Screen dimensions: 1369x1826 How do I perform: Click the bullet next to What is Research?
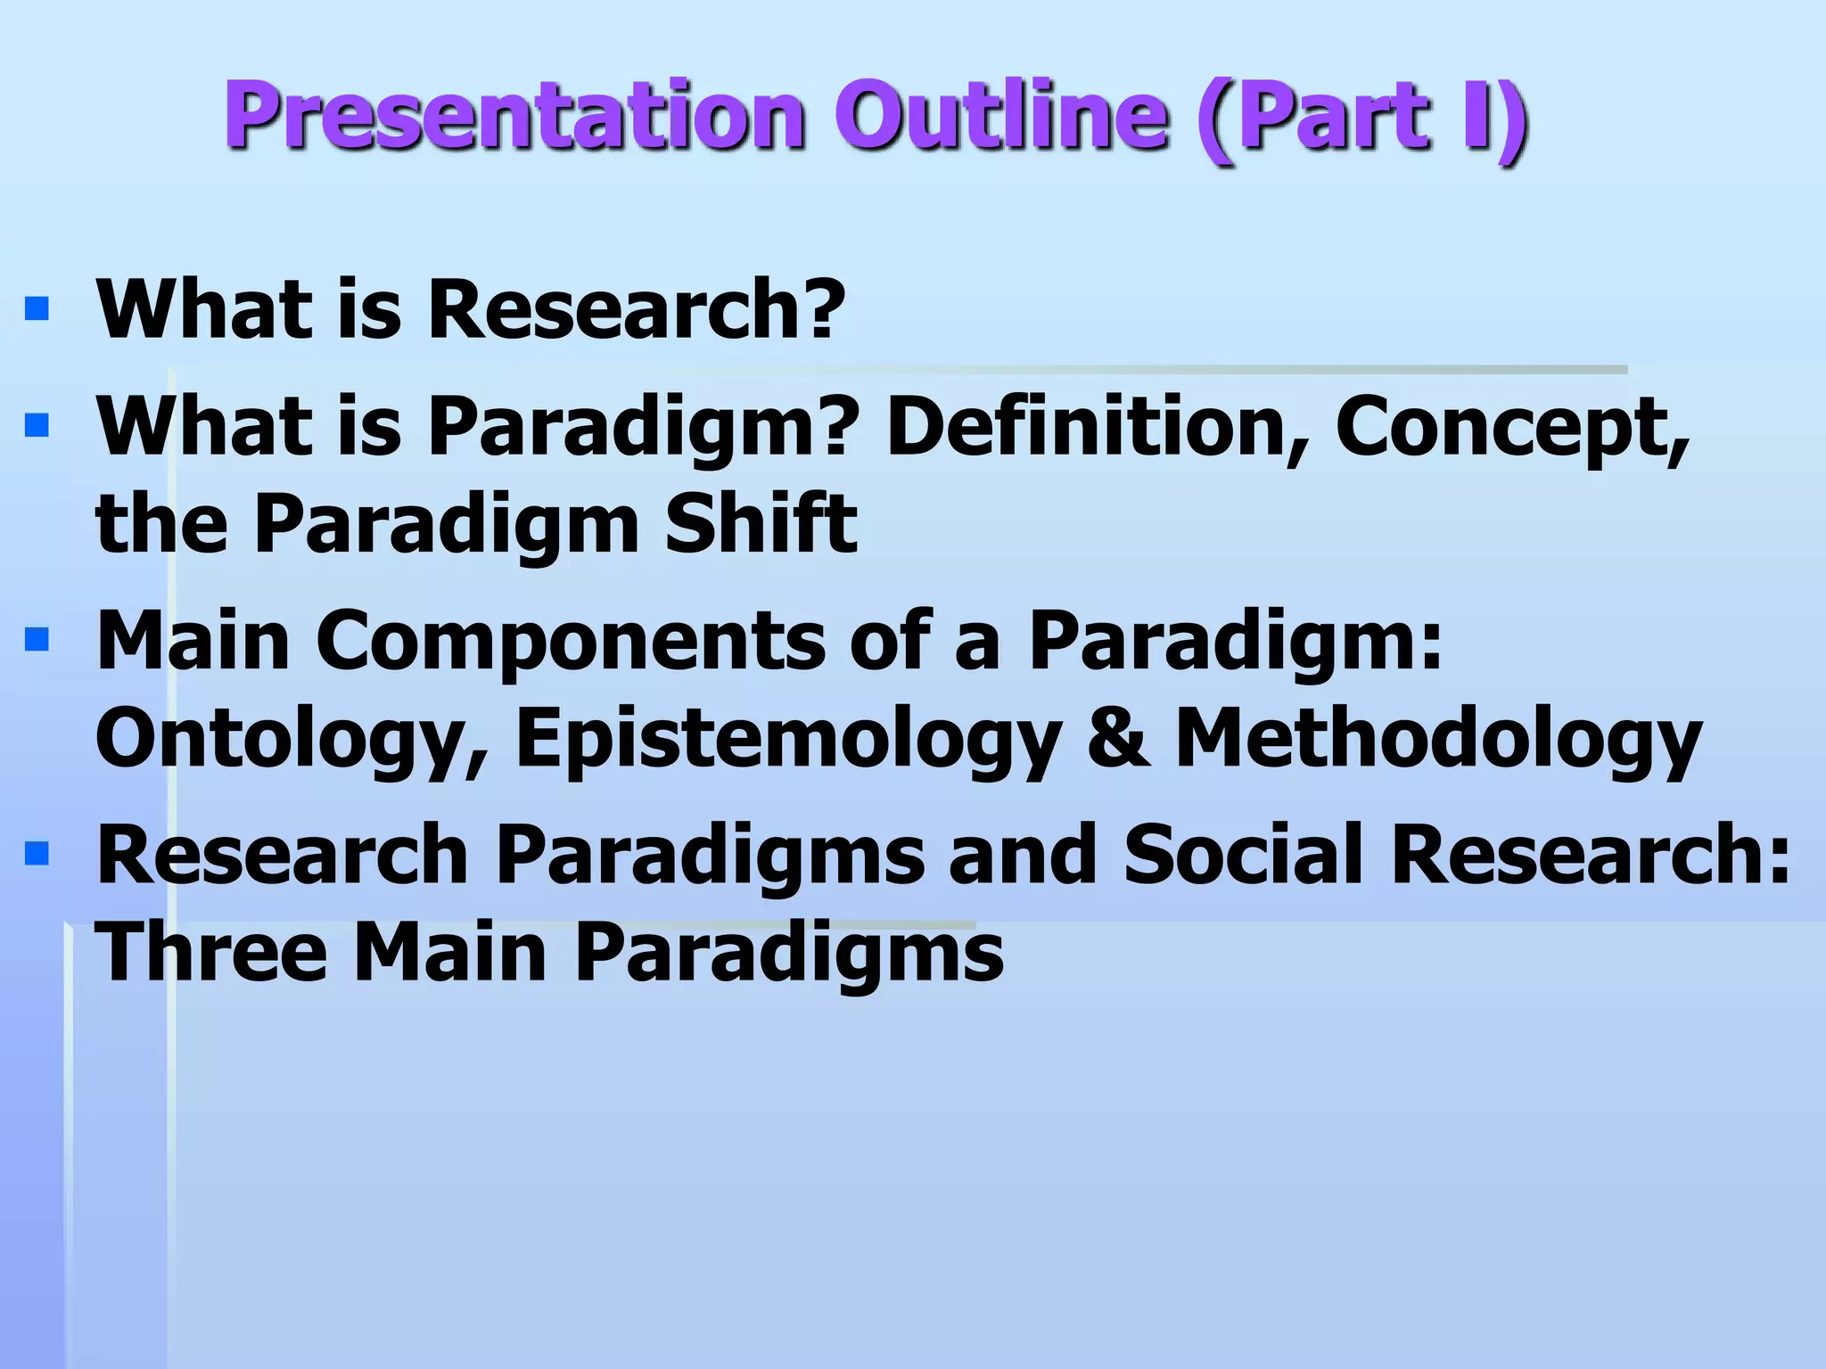37,309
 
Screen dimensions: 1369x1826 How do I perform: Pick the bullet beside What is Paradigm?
37,425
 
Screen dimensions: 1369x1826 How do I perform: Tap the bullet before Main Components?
37,639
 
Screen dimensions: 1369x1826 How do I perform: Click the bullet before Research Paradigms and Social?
37,854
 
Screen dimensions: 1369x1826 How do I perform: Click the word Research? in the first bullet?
636,309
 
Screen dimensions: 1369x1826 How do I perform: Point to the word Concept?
1511,428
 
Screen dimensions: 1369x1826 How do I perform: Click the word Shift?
761,523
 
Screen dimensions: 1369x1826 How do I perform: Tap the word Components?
571,642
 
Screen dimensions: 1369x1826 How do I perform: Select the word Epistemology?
789,740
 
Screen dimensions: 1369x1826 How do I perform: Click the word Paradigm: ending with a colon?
1235,642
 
